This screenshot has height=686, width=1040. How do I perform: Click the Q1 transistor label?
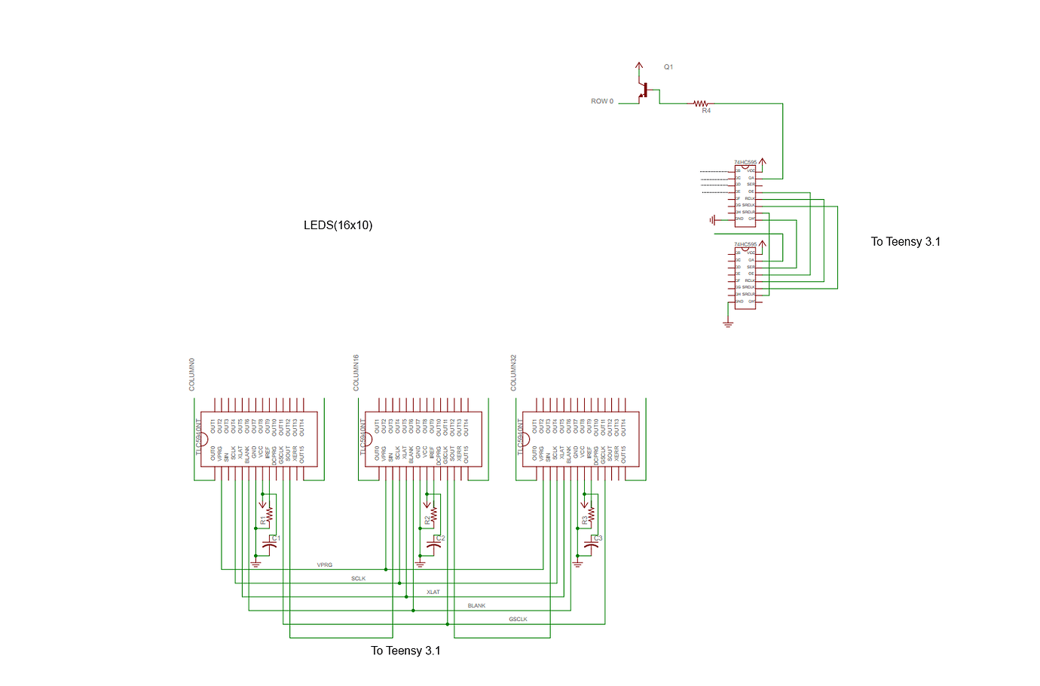click(668, 67)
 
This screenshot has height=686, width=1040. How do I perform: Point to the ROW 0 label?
click(602, 101)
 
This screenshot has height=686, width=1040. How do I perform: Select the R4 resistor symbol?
click(702, 104)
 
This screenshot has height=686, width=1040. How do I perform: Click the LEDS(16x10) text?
click(338, 225)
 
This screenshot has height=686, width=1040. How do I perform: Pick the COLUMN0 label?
click(192, 374)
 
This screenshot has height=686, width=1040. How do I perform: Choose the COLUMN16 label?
click(356, 372)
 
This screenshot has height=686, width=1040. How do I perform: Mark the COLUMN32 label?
click(514, 372)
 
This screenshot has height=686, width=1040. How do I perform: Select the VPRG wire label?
click(325, 565)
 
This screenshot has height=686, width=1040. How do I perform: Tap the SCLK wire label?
click(358, 578)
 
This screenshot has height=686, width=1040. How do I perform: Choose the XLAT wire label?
click(433, 592)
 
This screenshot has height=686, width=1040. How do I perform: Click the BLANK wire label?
click(476, 605)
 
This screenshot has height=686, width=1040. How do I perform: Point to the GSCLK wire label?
click(518, 619)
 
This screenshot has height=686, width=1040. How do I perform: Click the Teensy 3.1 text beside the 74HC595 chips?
click(905, 242)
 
